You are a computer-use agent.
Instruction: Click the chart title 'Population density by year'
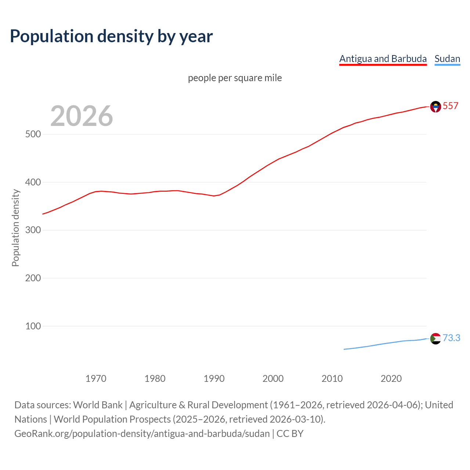(x=111, y=36)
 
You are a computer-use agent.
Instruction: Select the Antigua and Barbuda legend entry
(x=383, y=59)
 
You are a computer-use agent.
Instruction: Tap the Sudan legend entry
(x=447, y=59)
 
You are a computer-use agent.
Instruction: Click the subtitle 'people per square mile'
(x=235, y=78)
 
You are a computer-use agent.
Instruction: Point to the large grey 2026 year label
(x=82, y=116)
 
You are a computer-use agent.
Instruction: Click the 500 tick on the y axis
(x=33, y=134)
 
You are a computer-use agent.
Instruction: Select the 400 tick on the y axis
(x=33, y=182)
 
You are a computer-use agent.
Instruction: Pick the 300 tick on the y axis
(x=33, y=230)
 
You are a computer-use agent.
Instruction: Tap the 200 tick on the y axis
(x=33, y=278)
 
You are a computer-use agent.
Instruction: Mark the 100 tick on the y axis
(x=33, y=326)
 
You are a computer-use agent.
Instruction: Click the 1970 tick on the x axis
(x=96, y=379)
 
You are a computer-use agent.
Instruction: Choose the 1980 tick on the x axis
(x=155, y=379)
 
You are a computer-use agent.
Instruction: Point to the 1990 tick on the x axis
(x=214, y=379)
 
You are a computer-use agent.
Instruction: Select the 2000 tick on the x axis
(x=273, y=379)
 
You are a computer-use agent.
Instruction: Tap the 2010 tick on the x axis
(x=332, y=379)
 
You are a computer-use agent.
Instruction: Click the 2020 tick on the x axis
(x=391, y=379)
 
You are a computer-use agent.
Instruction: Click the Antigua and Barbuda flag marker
(x=435, y=106)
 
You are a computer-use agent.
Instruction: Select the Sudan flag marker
(x=435, y=339)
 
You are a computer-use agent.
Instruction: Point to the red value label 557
(x=451, y=106)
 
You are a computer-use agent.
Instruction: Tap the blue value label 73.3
(x=451, y=338)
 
